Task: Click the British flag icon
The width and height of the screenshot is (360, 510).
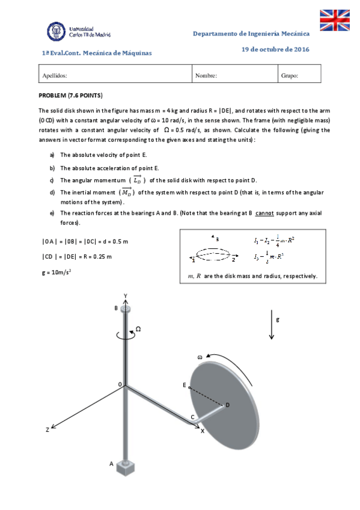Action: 334,20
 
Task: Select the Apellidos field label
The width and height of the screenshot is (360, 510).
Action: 54,76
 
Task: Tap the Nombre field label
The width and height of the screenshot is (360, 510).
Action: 206,76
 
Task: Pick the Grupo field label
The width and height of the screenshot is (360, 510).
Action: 290,76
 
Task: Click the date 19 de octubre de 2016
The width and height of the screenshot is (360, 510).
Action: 275,49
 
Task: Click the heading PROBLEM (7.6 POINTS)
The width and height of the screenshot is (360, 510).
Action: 70,96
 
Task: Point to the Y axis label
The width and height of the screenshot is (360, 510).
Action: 125,295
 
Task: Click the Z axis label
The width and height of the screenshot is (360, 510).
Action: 47,430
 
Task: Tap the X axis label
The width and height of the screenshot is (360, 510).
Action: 202,431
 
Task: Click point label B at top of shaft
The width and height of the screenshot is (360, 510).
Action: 116,308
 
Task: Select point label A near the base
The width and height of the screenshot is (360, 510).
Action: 111,464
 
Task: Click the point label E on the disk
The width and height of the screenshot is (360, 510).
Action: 184,384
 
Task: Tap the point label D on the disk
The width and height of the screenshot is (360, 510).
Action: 227,405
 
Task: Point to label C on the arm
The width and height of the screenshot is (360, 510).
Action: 192,417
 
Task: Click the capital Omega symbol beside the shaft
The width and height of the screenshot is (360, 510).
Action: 138,329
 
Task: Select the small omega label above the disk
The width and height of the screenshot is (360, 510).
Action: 200,357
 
